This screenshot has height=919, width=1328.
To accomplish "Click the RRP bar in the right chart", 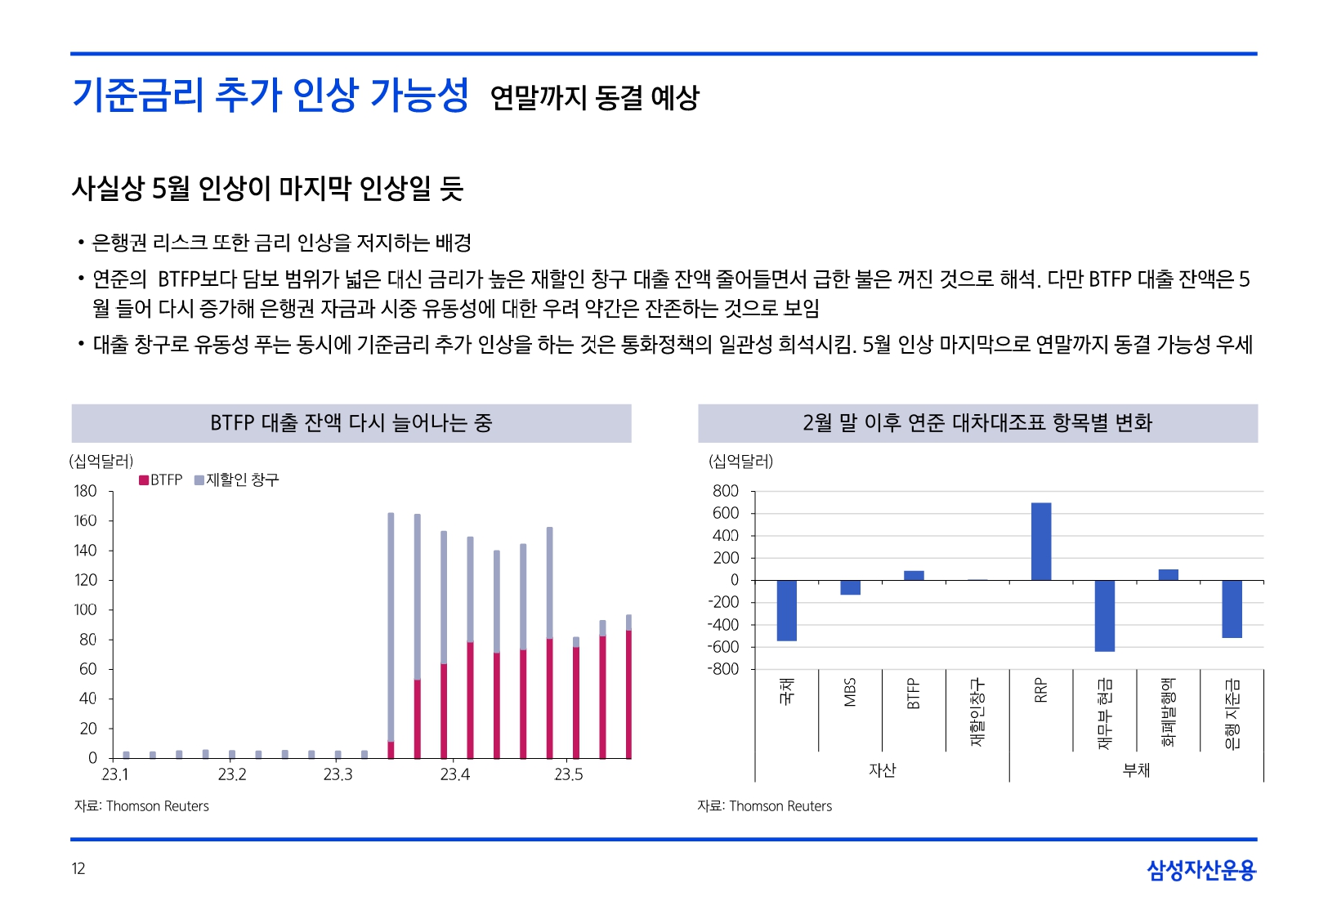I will (1040, 541).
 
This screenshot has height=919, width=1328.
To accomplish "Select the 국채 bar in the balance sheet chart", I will (786, 610).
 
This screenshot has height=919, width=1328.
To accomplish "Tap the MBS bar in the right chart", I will (850, 587).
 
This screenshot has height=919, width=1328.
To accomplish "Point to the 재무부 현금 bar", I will (1104, 615).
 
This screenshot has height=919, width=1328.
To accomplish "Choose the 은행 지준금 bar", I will (1232, 609).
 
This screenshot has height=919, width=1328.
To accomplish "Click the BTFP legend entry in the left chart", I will (161, 480).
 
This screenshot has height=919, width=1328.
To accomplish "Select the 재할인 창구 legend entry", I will (237, 480).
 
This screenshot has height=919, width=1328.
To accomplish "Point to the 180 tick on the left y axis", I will (85, 491).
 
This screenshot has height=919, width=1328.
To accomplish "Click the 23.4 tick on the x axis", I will (454, 774).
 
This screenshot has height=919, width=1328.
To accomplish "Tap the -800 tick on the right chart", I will (723, 669).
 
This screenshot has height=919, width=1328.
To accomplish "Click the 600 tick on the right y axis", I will (725, 513).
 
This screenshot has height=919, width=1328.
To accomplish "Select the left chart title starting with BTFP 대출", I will (351, 423).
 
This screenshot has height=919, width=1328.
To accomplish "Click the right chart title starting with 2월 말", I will (977, 423).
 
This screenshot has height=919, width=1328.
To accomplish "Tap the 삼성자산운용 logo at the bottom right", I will (1201, 870).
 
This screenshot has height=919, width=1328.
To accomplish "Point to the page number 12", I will (78, 868).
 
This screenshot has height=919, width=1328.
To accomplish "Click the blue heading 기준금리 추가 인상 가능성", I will (271, 95).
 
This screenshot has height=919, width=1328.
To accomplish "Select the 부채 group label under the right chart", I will (1136, 770).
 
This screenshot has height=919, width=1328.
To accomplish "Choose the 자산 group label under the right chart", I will (882, 770).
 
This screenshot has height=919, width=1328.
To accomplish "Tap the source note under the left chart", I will (141, 806).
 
